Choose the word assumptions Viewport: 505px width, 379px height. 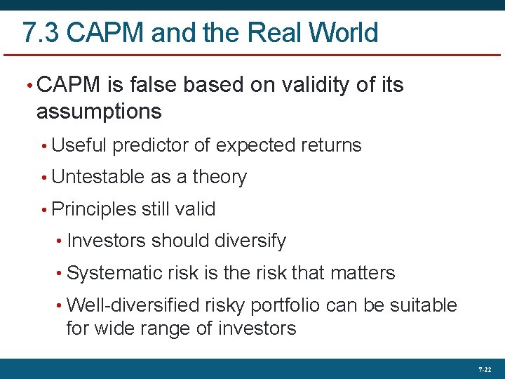click(99, 112)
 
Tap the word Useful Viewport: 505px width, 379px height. click(79, 146)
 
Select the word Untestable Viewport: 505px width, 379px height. click(99, 178)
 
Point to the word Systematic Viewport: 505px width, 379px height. click(114, 273)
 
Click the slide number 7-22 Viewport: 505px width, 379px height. click(485, 369)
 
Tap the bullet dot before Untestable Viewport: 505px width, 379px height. click(43, 178)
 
